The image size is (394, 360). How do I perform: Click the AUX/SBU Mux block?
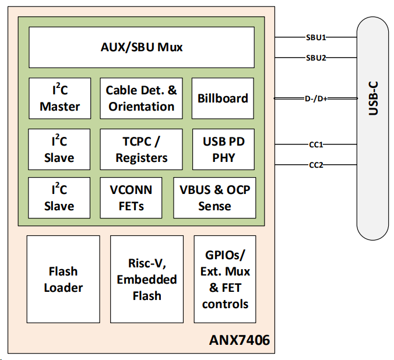pos(141,48)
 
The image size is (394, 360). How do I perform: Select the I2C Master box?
pos(59,98)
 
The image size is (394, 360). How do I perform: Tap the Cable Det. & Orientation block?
pos(141,98)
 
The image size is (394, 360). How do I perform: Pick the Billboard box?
pos(223,98)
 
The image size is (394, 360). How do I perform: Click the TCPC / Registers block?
pos(141,150)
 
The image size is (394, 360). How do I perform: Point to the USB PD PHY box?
pos(223,150)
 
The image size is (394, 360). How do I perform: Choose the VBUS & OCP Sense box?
pos(214,198)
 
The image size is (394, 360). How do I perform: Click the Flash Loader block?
pos(63,279)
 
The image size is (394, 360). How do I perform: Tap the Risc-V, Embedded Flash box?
pos(147,279)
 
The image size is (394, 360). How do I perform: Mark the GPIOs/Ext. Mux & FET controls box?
pos(225,279)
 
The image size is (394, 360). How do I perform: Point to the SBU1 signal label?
pos(316,38)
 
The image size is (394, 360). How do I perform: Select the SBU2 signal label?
pos(316,58)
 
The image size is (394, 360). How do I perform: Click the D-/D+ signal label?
pos(316,99)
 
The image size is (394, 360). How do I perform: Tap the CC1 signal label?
pos(316,144)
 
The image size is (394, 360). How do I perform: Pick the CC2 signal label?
pos(316,165)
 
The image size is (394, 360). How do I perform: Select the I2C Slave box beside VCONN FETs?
pos(59,198)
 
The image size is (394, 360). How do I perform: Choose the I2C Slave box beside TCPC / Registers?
pos(59,150)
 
